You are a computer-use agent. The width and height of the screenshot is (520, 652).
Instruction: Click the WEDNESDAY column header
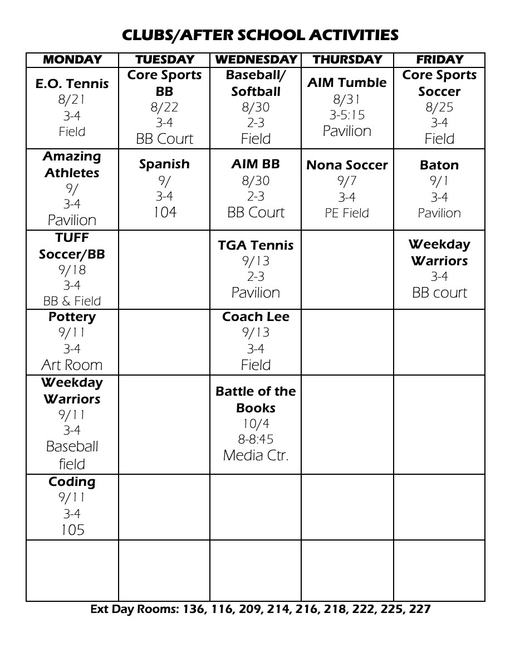tap(256, 60)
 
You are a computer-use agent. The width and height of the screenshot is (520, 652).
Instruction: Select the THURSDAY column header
tap(347, 60)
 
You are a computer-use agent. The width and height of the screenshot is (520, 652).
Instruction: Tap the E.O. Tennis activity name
tap(72, 84)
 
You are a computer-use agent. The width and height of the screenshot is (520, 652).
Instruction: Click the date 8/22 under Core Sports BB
tap(165, 107)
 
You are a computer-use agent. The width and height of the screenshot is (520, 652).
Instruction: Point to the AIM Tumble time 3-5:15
tap(347, 115)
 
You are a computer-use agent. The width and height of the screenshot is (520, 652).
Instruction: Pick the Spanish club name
tap(164, 164)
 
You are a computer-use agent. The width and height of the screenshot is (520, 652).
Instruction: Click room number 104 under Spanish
tap(165, 212)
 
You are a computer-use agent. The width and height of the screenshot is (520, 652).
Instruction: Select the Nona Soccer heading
tap(347, 165)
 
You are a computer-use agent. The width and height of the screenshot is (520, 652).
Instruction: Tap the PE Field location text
tap(347, 213)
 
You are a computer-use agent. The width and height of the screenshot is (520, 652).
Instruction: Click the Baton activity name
tap(439, 165)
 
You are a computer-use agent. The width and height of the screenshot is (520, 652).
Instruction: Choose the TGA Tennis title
tap(256, 245)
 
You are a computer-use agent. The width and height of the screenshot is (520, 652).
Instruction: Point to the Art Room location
tap(72, 365)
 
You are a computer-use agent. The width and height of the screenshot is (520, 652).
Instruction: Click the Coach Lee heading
tap(256, 317)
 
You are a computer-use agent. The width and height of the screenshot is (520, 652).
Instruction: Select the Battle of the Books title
tap(256, 400)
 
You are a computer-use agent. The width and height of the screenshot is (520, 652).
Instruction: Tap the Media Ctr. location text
tap(256, 455)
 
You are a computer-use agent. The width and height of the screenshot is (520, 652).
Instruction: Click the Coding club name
tap(72, 481)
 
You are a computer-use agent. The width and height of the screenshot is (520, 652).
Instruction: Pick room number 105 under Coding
tap(72, 529)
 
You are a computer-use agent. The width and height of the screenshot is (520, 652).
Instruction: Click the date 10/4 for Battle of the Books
tap(256, 424)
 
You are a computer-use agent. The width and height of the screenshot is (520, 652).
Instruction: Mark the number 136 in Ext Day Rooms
tap(192, 609)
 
